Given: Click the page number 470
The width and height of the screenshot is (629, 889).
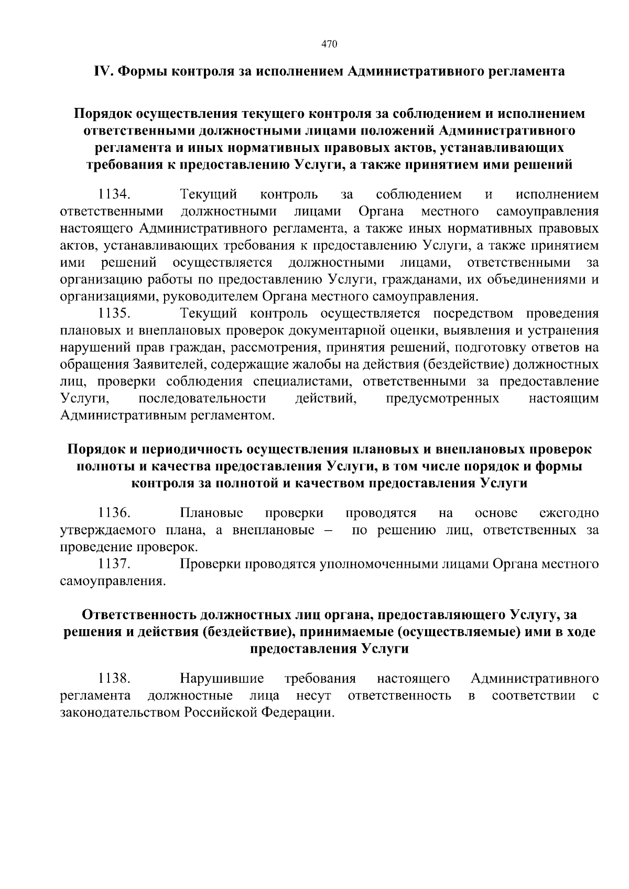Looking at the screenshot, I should (328, 45).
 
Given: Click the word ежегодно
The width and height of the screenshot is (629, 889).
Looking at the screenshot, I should (569, 513).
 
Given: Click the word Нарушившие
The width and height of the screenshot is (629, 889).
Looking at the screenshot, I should (221, 679).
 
